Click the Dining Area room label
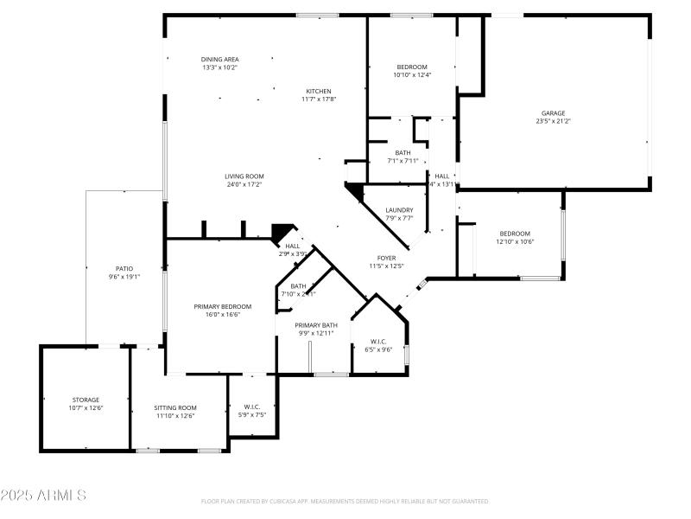click(219, 58)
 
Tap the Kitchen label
click(318, 91)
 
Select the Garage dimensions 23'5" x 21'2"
click(553, 121)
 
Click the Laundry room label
click(399, 209)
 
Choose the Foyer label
click(386, 258)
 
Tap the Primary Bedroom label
click(222, 306)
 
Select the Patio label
click(124, 268)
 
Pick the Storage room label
click(86, 400)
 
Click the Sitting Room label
click(175, 407)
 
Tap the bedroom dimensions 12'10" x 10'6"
click(515, 241)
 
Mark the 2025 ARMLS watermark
click(43, 496)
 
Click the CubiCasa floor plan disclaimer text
click(345, 501)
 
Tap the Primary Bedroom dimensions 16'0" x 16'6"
click(222, 315)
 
